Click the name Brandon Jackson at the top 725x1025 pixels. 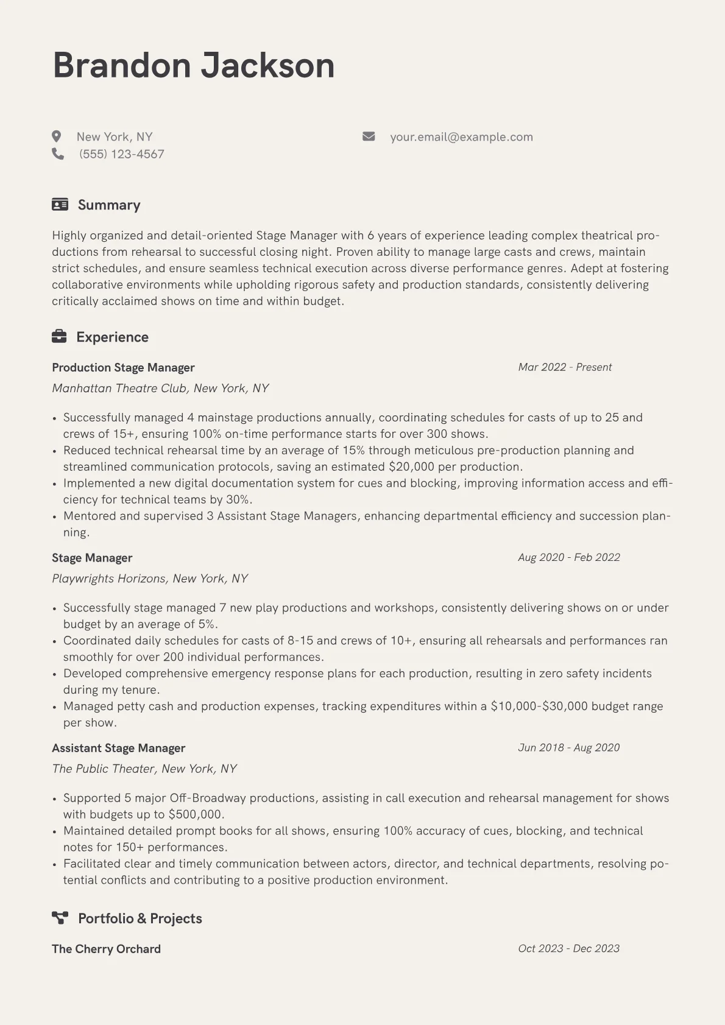click(x=194, y=65)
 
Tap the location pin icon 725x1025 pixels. click(x=57, y=136)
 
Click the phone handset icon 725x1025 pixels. click(x=58, y=154)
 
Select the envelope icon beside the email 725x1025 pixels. click(x=369, y=136)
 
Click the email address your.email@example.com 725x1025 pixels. click(x=461, y=137)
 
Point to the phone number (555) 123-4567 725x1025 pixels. click(x=122, y=154)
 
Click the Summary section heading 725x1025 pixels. click(x=109, y=205)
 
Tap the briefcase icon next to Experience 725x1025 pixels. click(x=59, y=336)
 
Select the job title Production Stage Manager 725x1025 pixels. click(x=123, y=367)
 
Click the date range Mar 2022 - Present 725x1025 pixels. click(x=565, y=367)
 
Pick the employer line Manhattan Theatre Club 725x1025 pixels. click(x=160, y=388)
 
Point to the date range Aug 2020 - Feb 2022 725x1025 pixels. click(x=568, y=557)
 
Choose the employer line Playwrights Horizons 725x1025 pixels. click(x=150, y=579)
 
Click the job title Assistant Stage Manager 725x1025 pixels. click(x=118, y=748)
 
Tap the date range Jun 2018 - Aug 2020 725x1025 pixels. click(x=568, y=747)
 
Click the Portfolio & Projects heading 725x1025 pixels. click(x=140, y=918)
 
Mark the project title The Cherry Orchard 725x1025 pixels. click(x=106, y=949)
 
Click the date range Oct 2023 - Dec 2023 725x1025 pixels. click(x=568, y=948)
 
